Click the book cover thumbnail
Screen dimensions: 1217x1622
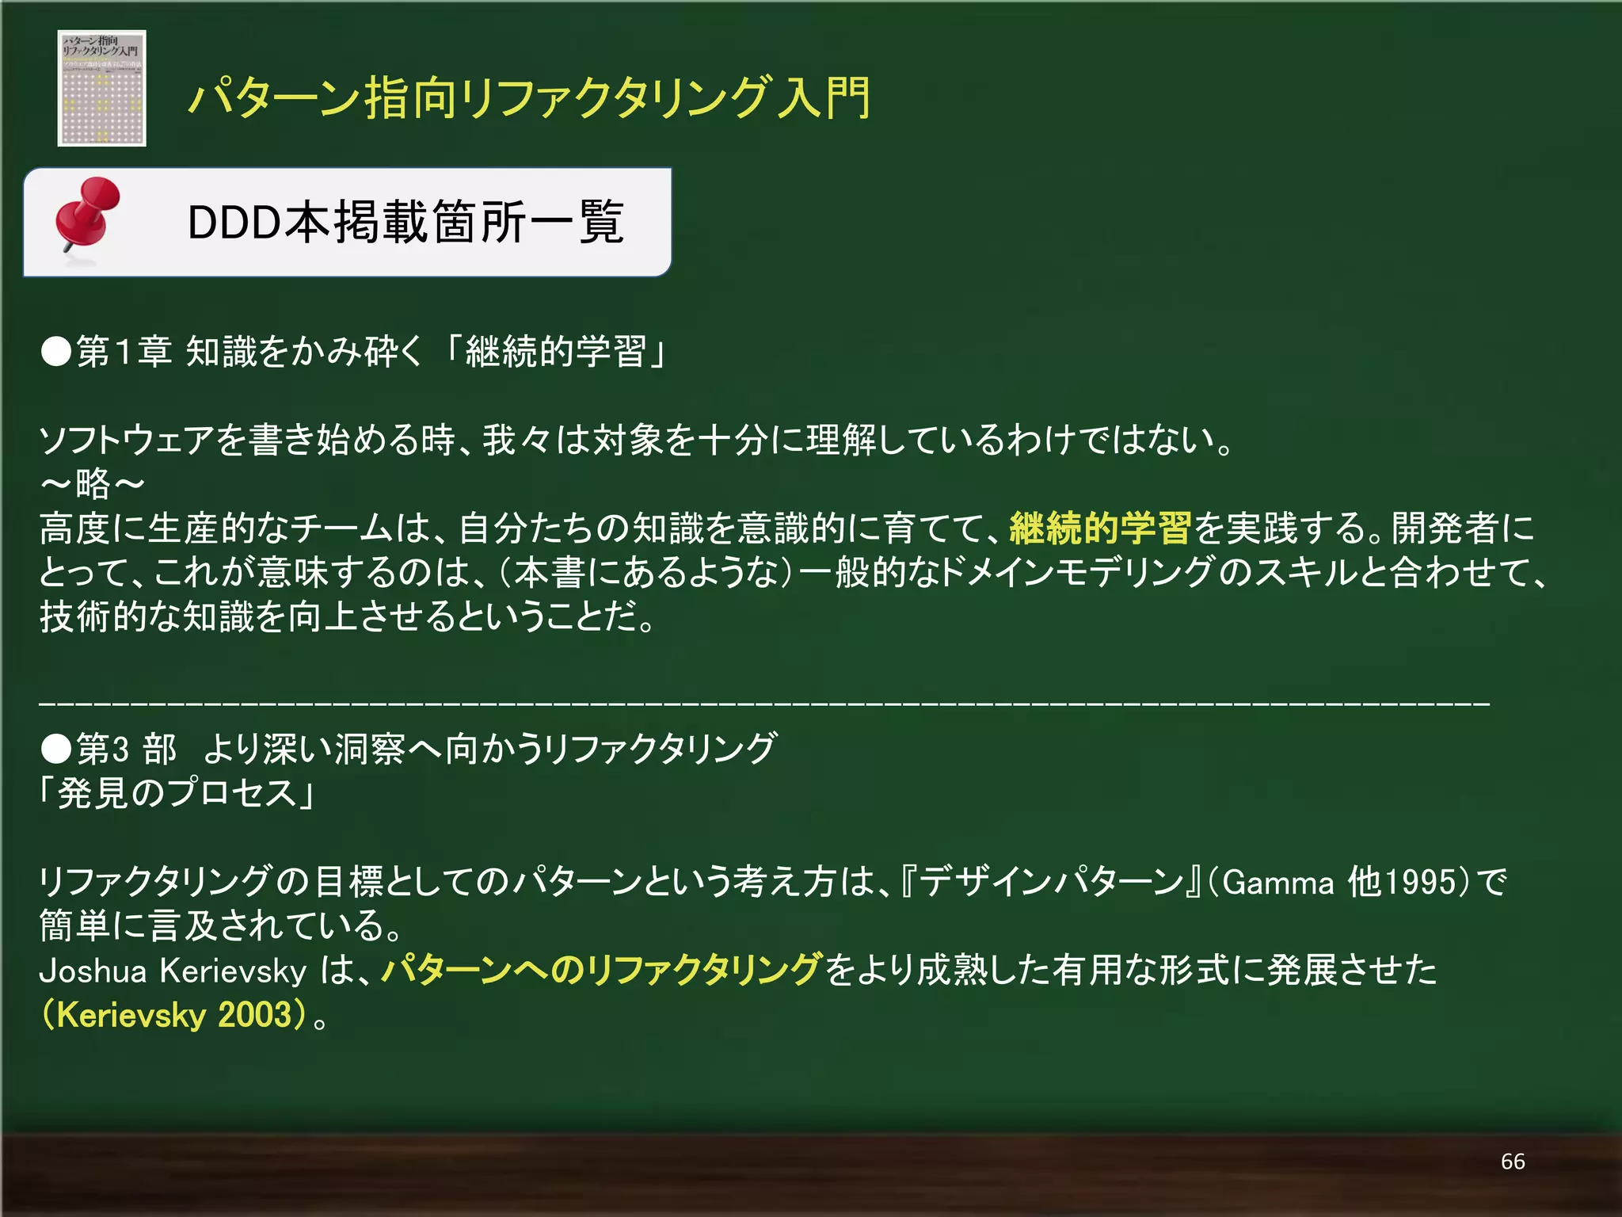pyautogui.click(x=101, y=88)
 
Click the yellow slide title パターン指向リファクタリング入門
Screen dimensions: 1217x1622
pyautogui.click(x=528, y=98)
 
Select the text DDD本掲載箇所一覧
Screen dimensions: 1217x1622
pyautogui.click(x=405, y=222)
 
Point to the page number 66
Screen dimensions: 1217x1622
pyautogui.click(x=1512, y=1162)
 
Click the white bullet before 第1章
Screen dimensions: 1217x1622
pyautogui.click(x=56, y=352)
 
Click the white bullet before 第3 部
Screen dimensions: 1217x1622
pyautogui.click(x=56, y=749)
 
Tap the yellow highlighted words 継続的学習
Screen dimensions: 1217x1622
pyautogui.click(x=1100, y=528)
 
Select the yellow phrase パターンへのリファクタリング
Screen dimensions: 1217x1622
pyautogui.click(x=602, y=970)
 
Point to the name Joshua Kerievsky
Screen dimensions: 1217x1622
pyautogui.click(x=173, y=971)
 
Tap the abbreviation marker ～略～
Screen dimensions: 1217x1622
pyautogui.click(x=92, y=483)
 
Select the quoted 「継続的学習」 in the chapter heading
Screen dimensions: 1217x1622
pyautogui.click(x=557, y=352)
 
